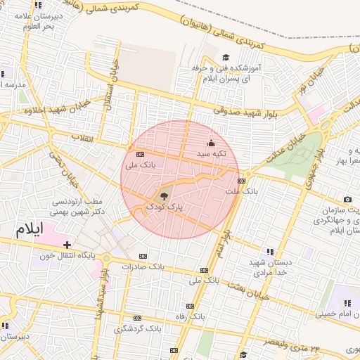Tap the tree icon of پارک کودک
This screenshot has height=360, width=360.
[164, 196]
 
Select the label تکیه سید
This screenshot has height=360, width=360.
[211, 153]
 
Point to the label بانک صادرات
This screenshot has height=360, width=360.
[142, 267]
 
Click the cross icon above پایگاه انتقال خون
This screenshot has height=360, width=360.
[67, 245]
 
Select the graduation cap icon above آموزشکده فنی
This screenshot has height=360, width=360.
[226, 58]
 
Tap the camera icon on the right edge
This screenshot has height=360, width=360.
[347, 200]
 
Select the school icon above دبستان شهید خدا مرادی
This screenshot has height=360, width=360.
[269, 252]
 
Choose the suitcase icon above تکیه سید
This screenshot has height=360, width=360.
[211, 143]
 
